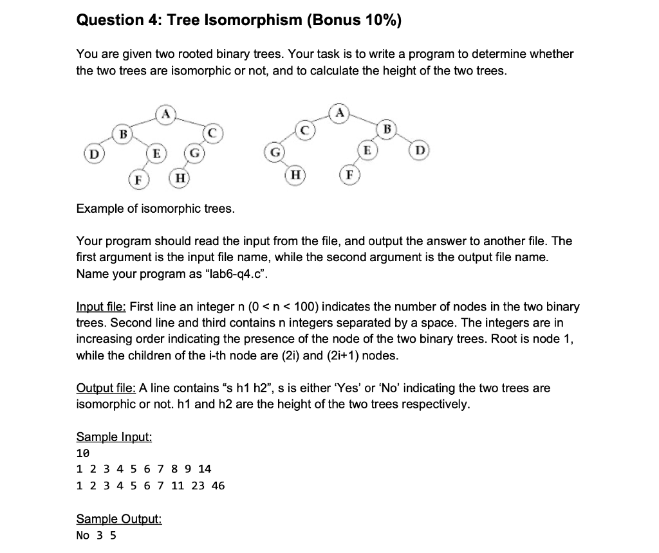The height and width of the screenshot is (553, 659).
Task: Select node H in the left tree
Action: point(179,178)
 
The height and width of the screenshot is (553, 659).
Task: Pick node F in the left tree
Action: point(136,179)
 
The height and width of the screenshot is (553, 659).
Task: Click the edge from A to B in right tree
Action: point(364,122)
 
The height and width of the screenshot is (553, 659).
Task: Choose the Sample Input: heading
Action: point(114,437)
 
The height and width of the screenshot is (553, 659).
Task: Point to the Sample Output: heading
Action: point(119,519)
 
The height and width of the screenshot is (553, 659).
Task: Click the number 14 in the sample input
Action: point(205,469)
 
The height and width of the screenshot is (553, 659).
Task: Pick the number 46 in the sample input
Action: point(218,485)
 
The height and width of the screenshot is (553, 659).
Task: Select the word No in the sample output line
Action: point(82,535)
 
